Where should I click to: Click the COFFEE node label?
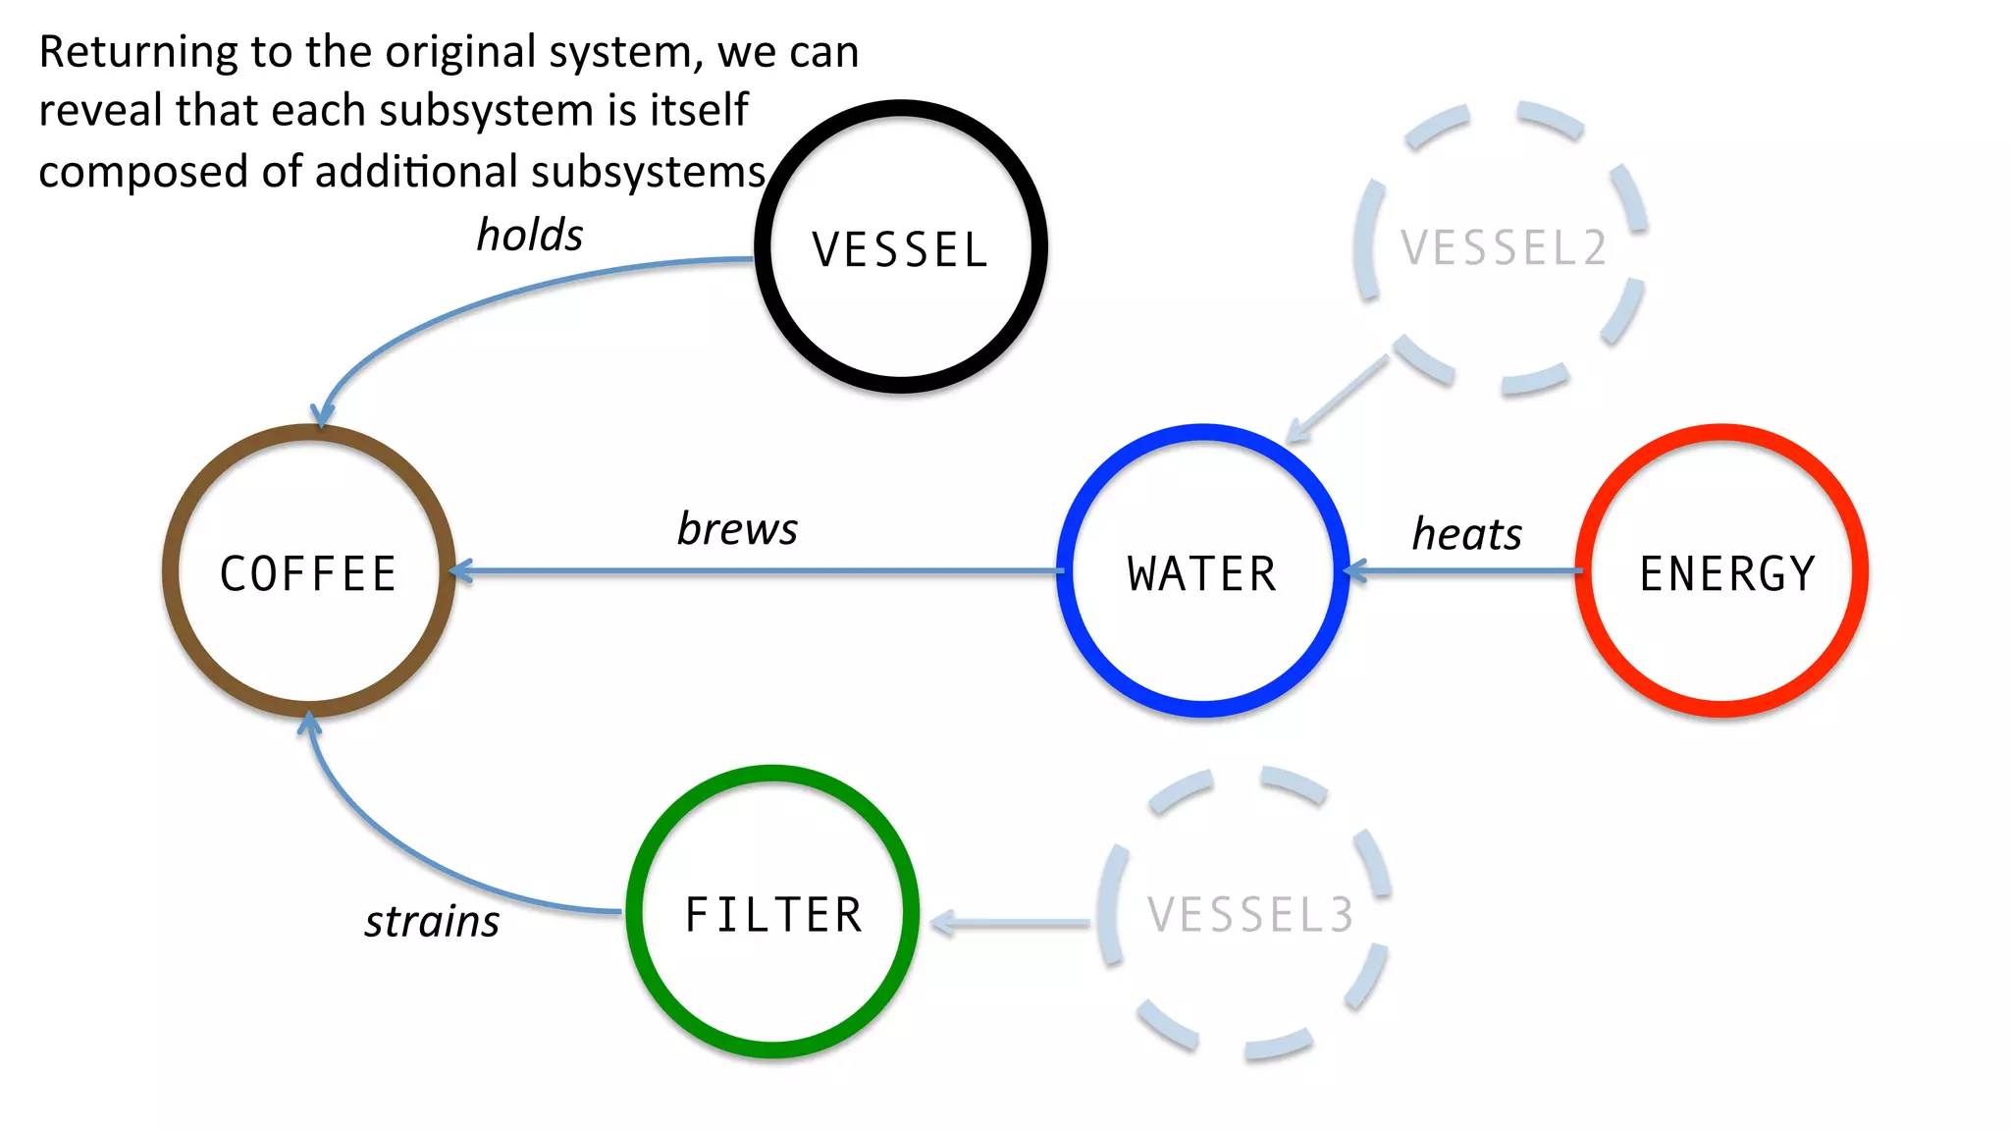pos(308,573)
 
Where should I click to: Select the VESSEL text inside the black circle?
pos(899,249)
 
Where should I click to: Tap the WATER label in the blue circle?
pos(1202,573)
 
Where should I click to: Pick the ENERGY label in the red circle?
pos(1726,573)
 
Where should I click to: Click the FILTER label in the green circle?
pos(773,915)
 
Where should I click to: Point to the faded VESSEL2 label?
pos(1504,247)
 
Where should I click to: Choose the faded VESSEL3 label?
pos(1250,915)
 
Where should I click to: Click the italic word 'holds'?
pos(530,236)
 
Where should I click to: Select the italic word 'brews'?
pos(737,529)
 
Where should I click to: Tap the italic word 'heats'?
pos(1466,535)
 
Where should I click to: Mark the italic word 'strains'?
pos(432,922)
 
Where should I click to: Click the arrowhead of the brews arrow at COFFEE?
pos(459,570)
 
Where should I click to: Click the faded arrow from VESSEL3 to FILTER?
pos(1011,923)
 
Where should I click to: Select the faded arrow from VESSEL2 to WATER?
pos(1337,399)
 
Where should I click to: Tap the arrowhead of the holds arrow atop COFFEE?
pos(322,416)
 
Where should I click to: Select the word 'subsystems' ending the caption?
pos(648,172)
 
